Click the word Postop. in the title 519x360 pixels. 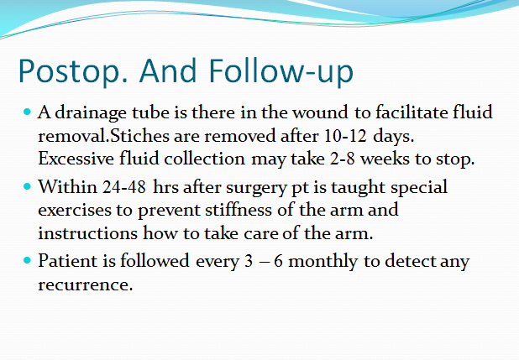pyautogui.click(x=73, y=71)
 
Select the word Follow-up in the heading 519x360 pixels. pyautogui.click(x=281, y=71)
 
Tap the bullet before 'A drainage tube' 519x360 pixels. pyautogui.click(x=27, y=112)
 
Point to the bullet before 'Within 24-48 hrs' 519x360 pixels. pyautogui.click(x=27, y=186)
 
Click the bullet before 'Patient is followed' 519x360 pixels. pyautogui.click(x=27, y=260)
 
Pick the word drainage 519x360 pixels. pyautogui.click(x=91, y=113)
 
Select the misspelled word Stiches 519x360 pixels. pyautogui.click(x=139, y=136)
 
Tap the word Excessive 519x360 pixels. pyautogui.click(x=76, y=159)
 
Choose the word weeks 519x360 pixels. pyautogui.click(x=385, y=159)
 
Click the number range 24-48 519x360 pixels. pyautogui.click(x=123, y=187)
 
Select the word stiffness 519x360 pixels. pyautogui.click(x=239, y=210)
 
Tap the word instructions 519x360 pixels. pyautogui.click(x=87, y=233)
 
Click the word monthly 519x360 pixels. pyautogui.click(x=323, y=262)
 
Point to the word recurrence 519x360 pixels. pyautogui.click(x=86, y=284)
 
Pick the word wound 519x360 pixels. pyautogui.click(x=320, y=112)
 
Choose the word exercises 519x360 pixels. pyautogui.click(x=75, y=210)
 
